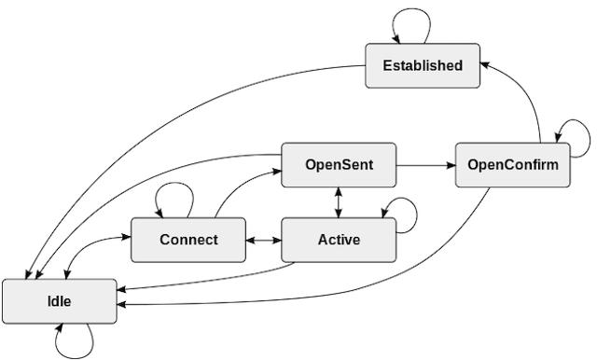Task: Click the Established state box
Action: tap(422, 66)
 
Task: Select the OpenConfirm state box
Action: tap(512, 166)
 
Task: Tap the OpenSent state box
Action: tap(339, 165)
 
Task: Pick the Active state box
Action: tap(339, 240)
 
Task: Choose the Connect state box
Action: tap(188, 240)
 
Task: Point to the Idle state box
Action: tap(60, 301)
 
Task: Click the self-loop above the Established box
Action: tap(410, 21)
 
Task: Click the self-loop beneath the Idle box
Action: tap(75, 345)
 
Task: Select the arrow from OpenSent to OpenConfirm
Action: tap(425, 166)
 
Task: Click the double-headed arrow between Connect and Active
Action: tap(264, 240)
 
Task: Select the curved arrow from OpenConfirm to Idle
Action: tap(373, 289)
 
